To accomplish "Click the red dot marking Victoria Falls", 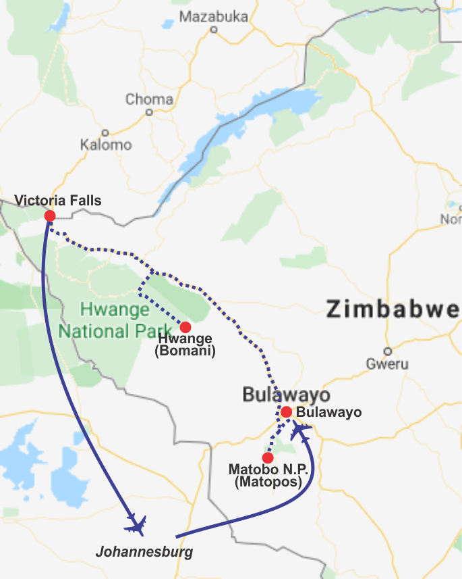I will pos(49,216).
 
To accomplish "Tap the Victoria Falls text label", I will pos(58,200).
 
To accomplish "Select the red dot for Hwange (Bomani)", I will pos(185,326).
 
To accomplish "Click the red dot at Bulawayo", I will pos(286,411).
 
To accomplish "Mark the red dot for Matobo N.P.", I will pos(268,457).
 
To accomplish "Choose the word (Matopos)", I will pos(268,482).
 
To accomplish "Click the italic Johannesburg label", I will pos(144,552).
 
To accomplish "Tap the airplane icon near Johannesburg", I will pos(136,524).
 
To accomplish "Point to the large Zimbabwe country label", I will pos(393,310).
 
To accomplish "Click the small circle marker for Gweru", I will pos(387,351).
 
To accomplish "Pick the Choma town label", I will pos(149,99).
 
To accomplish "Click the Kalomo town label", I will pos(106,145).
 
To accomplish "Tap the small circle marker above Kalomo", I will pos(105,132).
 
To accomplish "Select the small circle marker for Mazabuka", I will pos(214,29).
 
